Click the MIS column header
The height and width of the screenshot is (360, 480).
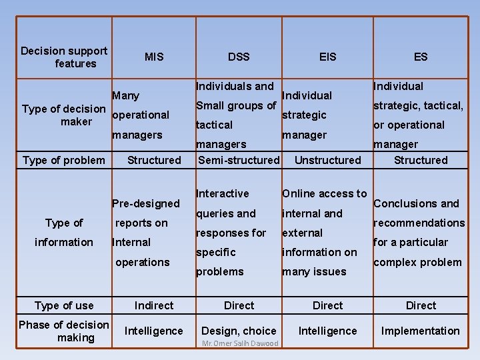tap(154, 57)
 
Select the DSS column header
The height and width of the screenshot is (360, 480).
tap(239, 57)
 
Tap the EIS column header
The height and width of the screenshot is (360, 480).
tap(328, 57)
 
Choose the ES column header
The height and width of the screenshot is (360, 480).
tap(421, 57)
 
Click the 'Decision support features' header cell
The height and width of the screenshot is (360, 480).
tap(64, 57)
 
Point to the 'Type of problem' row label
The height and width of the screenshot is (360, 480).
tap(64, 160)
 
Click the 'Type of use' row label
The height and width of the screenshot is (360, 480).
tap(64, 305)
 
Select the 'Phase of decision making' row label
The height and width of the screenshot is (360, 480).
tap(64, 331)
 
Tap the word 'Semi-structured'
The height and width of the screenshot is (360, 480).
tap(239, 160)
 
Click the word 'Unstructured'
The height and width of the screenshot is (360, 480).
tap(327, 160)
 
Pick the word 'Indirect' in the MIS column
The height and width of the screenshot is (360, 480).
tap(154, 305)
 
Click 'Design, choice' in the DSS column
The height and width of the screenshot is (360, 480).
tap(239, 331)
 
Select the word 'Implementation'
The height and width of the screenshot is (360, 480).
tap(420, 331)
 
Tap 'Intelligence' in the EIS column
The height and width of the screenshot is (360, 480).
tap(327, 331)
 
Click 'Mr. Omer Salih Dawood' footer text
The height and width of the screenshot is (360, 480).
tap(240, 343)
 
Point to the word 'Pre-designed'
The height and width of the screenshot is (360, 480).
tap(146, 203)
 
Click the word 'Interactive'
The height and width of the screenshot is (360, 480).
tap(223, 193)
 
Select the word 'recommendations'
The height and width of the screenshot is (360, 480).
tap(419, 223)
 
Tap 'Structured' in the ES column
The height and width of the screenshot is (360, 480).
tap(421, 160)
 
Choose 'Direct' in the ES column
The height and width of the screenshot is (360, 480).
tap(421, 305)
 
